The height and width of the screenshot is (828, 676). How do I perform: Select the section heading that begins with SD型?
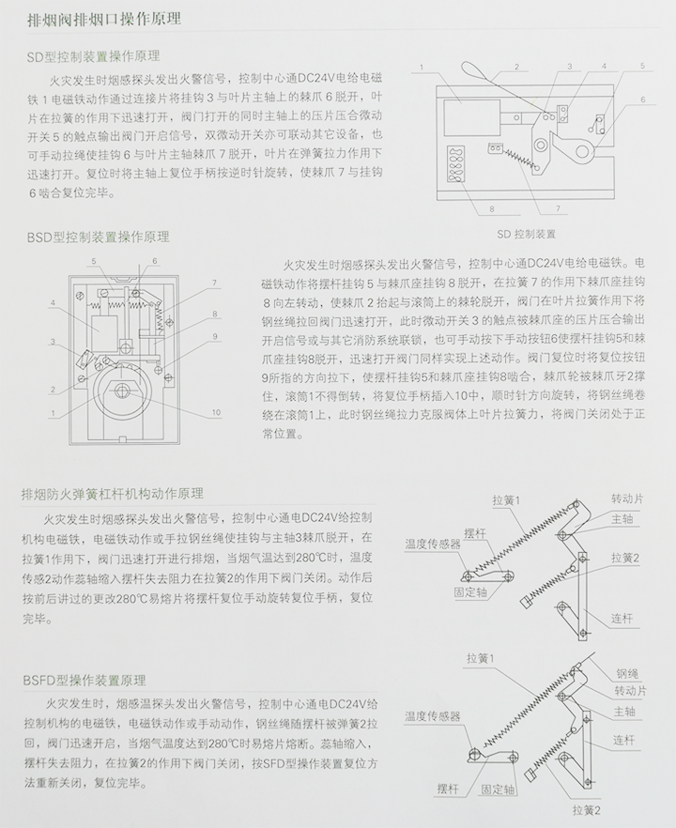click(x=93, y=56)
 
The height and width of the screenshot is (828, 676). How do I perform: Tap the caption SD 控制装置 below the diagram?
click(x=526, y=234)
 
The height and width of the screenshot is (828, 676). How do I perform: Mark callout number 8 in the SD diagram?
click(x=490, y=207)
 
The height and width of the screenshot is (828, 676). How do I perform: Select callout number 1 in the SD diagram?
click(x=423, y=68)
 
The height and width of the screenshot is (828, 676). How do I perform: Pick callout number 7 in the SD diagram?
click(x=557, y=207)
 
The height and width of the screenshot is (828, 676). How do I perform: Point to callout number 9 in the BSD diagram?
click(x=214, y=335)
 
